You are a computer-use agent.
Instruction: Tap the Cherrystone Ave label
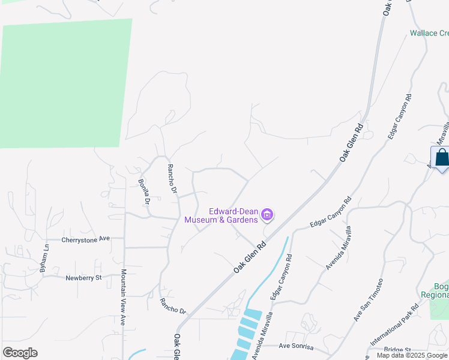point(86,239)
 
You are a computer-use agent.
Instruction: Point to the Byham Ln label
point(44,259)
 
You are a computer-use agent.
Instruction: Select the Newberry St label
point(84,278)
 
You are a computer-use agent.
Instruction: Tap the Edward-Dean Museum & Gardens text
point(221,215)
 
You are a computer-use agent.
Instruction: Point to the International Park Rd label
point(394,328)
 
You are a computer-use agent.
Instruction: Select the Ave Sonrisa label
point(300,346)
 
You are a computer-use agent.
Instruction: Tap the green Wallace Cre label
point(429,33)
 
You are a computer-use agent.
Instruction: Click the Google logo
point(20,353)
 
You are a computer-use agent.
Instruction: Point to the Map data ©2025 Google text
point(412,355)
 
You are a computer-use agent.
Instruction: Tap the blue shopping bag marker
point(441,158)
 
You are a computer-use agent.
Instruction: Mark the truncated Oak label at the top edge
point(388,7)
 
